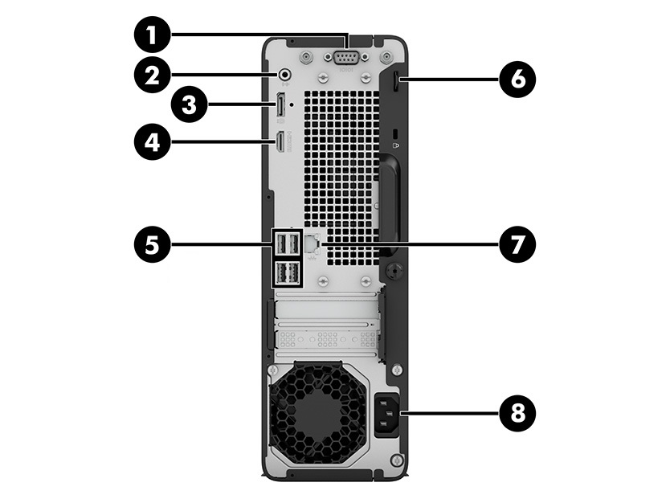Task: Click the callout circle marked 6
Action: pos(515,79)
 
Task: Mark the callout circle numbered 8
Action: pos(515,414)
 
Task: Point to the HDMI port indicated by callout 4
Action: pos(279,142)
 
